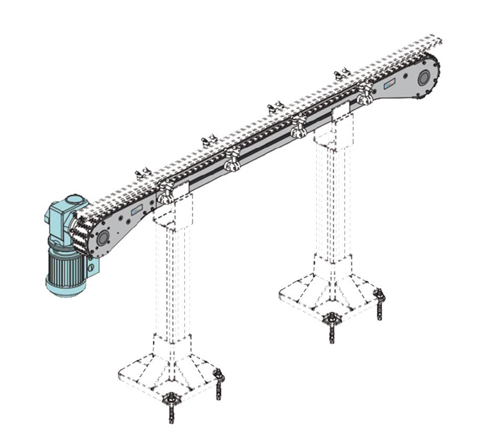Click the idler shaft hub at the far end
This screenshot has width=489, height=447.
pos(423,79)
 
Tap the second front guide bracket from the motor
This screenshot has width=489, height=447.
pos(232,160)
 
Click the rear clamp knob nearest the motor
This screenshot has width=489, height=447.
pos(141,175)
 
